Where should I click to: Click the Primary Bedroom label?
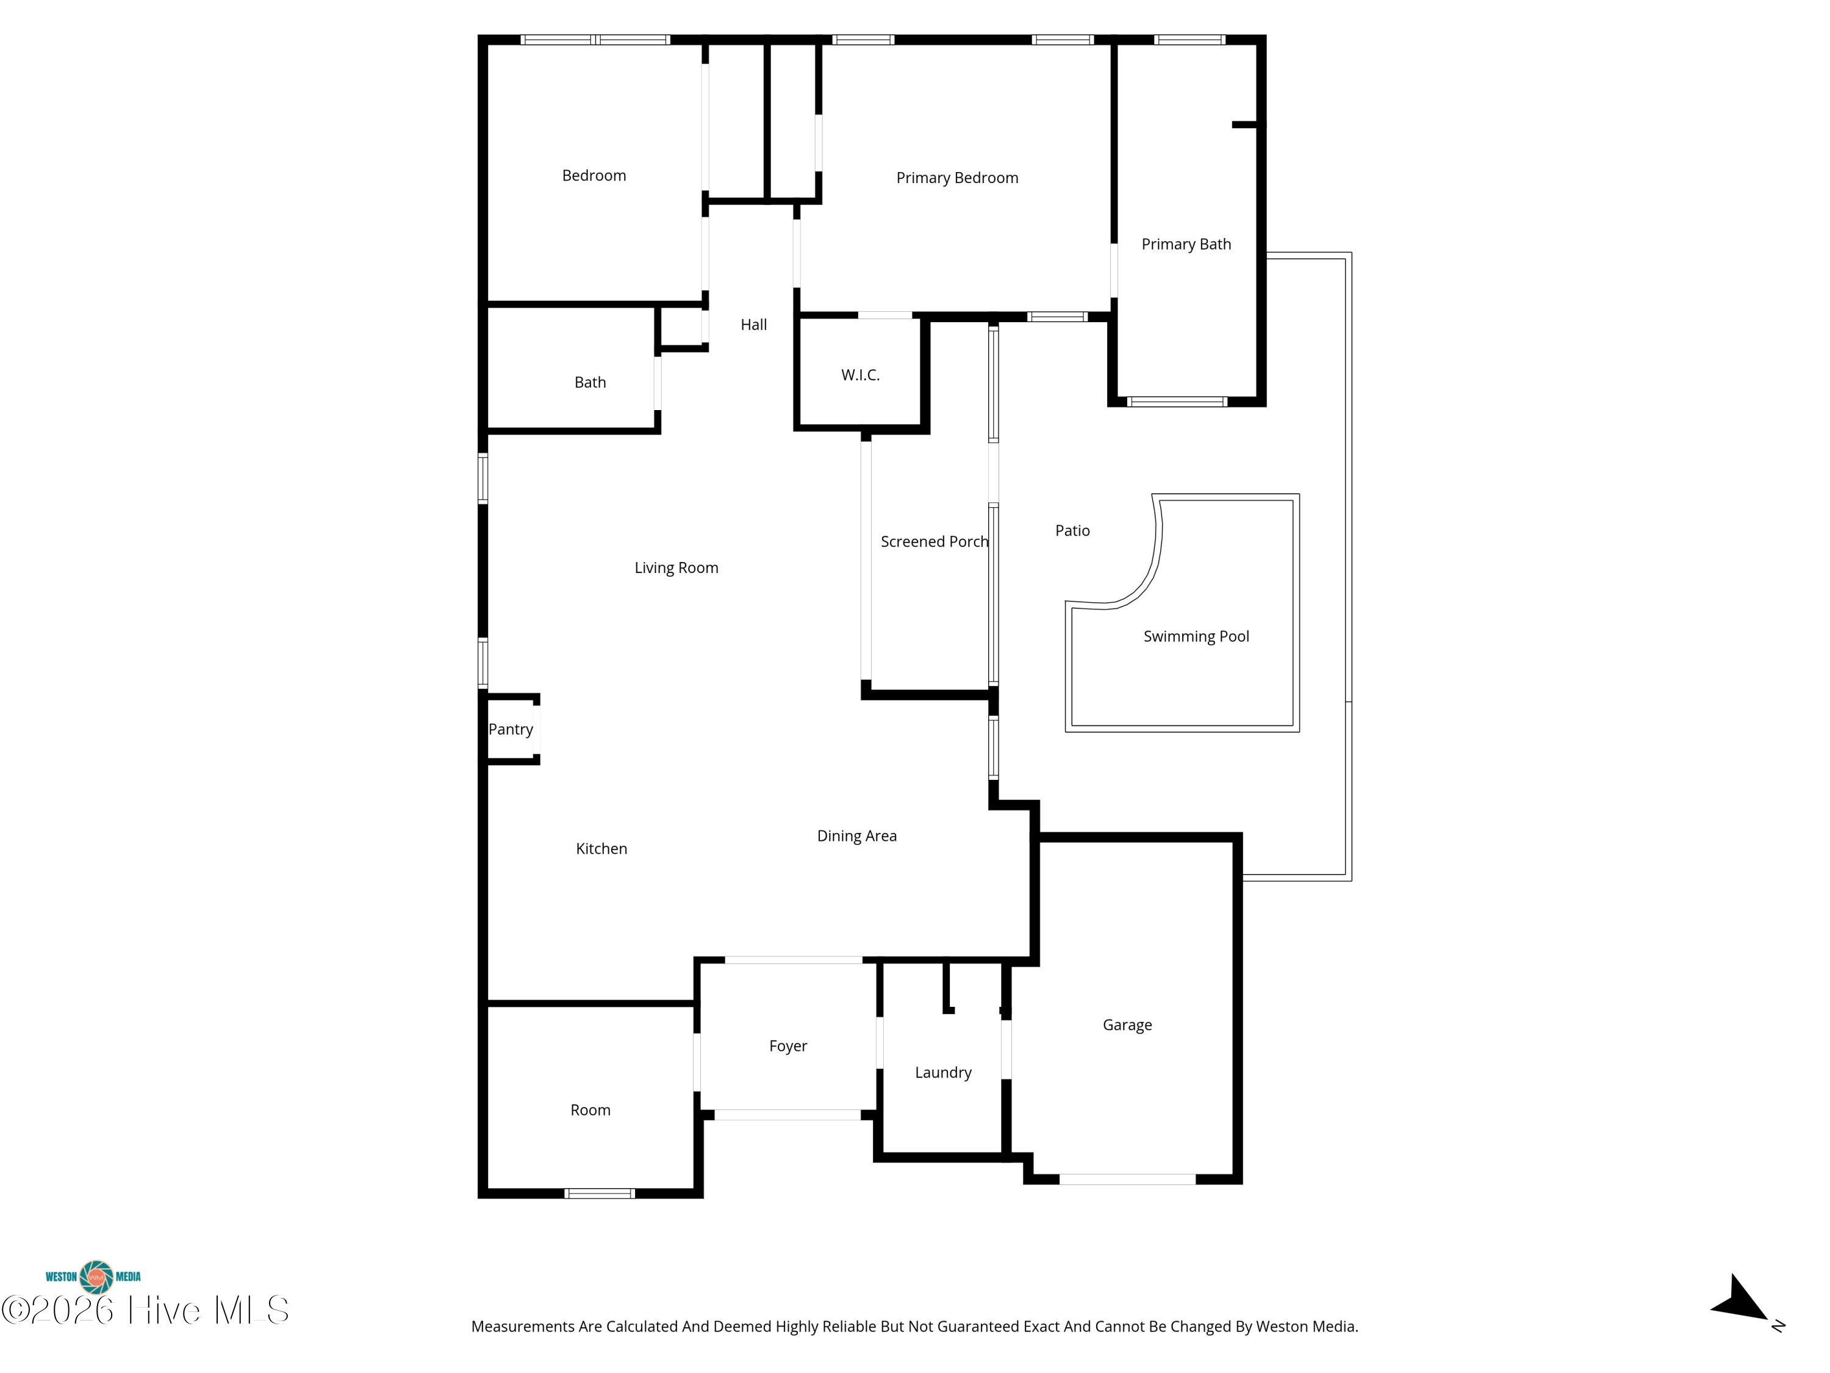tap(957, 178)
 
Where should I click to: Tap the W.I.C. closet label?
tap(860, 375)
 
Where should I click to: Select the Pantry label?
tap(511, 729)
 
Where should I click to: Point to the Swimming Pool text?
tap(1196, 636)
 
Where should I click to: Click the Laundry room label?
tap(943, 1073)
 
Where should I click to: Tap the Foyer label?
tap(788, 1046)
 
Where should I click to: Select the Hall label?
tap(754, 325)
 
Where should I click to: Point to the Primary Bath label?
tap(1186, 244)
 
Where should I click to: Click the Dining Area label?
tap(857, 836)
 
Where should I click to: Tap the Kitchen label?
tap(601, 848)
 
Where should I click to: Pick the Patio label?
tap(1073, 530)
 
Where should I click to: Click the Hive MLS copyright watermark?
tap(146, 1310)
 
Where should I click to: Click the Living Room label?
tap(676, 568)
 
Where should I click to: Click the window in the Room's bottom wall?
tap(600, 1194)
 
